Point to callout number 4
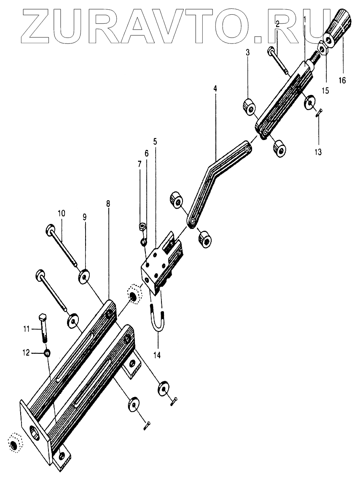(x=215, y=89)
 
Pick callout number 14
(x=157, y=355)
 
